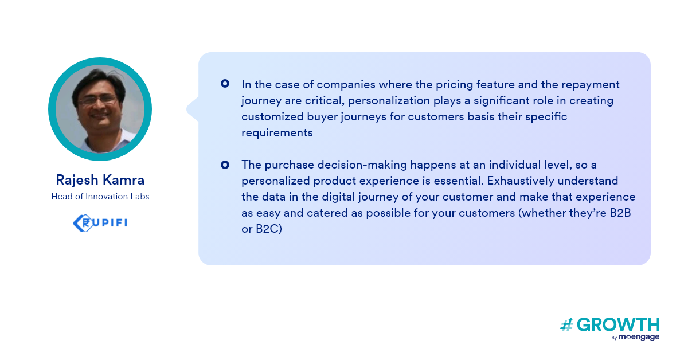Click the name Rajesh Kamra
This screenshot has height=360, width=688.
[100, 180]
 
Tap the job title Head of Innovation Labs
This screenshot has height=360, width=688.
[100, 197]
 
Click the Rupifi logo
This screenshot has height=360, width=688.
[100, 223]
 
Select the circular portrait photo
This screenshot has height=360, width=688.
[100, 109]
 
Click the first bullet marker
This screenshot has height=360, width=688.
[225, 84]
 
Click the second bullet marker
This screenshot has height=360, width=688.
[225, 165]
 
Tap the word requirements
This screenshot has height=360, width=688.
[277, 133]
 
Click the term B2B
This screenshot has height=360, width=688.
[620, 213]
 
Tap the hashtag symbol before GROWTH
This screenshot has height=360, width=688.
[566, 325]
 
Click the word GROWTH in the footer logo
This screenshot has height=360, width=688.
[618, 325]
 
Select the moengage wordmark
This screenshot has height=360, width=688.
[639, 337]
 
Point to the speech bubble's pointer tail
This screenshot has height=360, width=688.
[193, 109]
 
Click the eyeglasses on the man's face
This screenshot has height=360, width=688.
[97, 100]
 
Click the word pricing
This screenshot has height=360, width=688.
[454, 85]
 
